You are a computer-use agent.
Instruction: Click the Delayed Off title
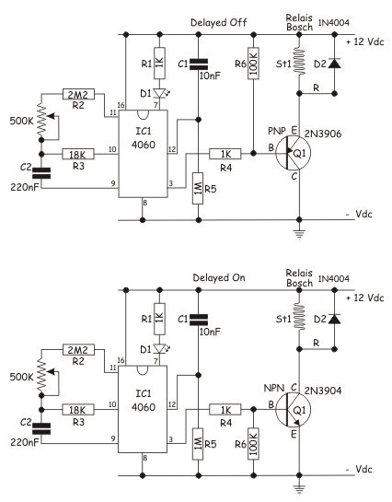[x=219, y=23]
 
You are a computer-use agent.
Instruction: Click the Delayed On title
[x=219, y=277]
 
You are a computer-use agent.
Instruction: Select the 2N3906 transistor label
[x=323, y=134]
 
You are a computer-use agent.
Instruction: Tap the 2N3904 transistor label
[x=323, y=391]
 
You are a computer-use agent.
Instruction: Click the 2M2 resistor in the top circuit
[x=78, y=95]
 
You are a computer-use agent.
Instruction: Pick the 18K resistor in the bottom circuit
[x=78, y=410]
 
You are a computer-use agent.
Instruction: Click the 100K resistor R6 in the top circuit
[x=254, y=64]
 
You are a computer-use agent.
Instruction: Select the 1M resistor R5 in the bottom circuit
[x=198, y=444]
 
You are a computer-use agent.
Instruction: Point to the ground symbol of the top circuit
[x=299, y=234]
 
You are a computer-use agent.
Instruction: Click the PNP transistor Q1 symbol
[x=294, y=153]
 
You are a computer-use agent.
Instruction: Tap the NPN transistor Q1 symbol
[x=294, y=410]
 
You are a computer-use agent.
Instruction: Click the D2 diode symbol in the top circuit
[x=334, y=64]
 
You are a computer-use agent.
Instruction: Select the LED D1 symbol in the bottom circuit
[x=160, y=348]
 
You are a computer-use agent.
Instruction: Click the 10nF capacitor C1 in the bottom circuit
[x=198, y=320]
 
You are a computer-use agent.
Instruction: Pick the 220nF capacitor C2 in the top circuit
[x=41, y=173]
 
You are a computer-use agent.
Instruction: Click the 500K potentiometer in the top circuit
[x=45, y=122]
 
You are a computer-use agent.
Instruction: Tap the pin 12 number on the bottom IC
[x=172, y=404]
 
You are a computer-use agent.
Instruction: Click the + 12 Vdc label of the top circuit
[x=364, y=42]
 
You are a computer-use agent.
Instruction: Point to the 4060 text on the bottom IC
[x=144, y=407]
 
